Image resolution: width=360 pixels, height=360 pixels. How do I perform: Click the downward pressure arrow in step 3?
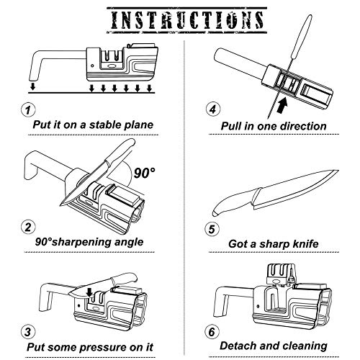point(87,291)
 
